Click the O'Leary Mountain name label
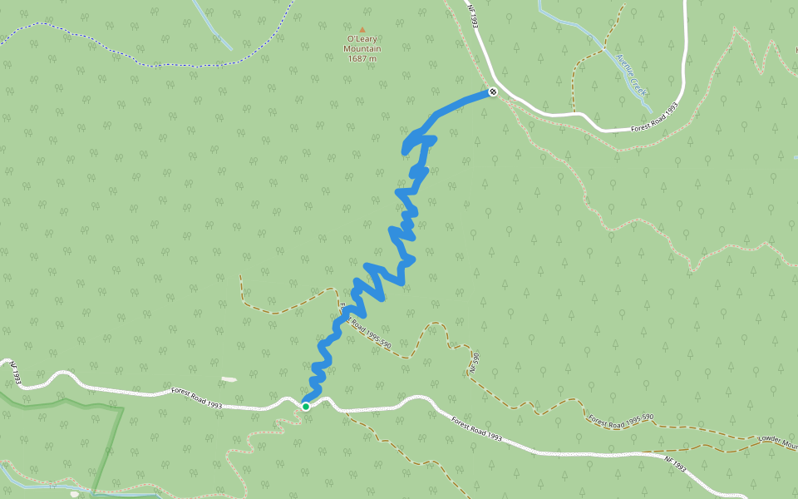pos(362,43)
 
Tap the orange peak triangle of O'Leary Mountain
pos(362,30)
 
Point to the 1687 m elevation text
pos(362,58)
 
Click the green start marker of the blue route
pos(306,406)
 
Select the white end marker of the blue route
pos(493,91)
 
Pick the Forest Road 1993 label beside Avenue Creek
pos(655,118)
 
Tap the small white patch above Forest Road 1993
pos(229,379)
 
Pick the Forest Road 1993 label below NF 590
pos(478,427)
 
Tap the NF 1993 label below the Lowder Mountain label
pos(675,462)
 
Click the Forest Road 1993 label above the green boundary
pos(198,398)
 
